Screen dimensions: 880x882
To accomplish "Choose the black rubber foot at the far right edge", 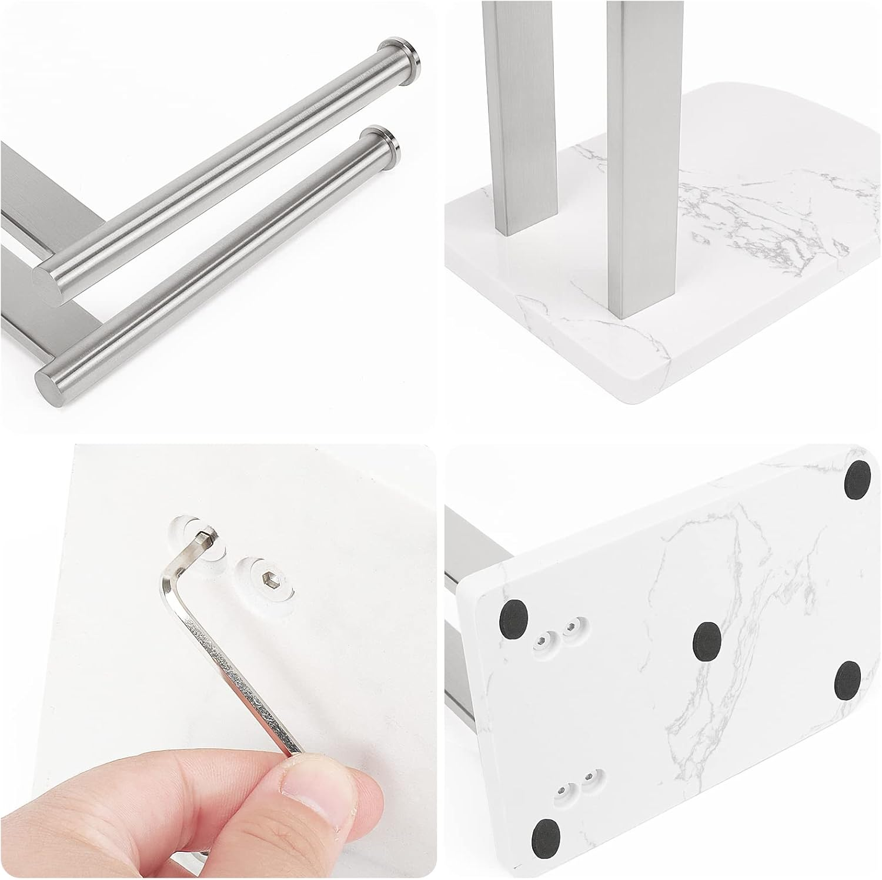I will pyautogui.click(x=847, y=680).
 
